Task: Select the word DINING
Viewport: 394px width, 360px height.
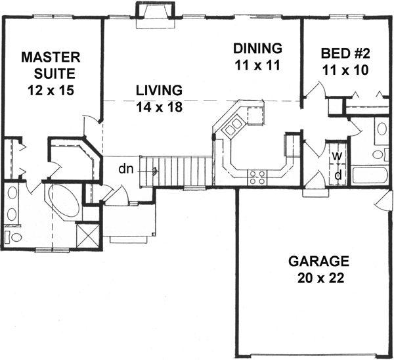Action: pos(258,48)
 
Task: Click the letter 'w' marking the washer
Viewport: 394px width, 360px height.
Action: pos(337,156)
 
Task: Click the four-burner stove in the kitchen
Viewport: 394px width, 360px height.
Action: pos(257,175)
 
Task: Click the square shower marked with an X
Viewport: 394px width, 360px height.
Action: pos(87,235)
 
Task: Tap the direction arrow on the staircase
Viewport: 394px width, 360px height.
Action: pos(154,171)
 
